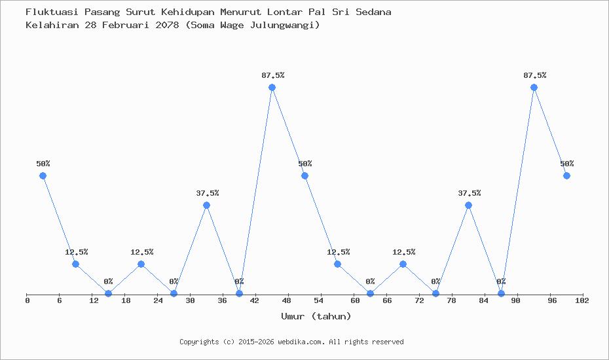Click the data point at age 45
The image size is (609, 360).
[272, 87]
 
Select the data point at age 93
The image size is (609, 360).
[534, 87]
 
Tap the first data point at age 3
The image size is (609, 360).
[43, 176]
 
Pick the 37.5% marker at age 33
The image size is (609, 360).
[207, 205]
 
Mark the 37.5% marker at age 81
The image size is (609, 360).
[468, 205]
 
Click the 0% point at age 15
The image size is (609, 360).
[108, 294]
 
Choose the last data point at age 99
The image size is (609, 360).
[566, 176]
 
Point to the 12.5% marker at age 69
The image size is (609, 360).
[403, 264]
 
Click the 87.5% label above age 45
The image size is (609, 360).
[273, 75]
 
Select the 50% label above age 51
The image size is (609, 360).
[305, 164]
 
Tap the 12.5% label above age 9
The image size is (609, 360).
[77, 252]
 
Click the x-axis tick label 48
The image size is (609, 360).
[286, 300]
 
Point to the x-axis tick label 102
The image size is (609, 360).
[581, 300]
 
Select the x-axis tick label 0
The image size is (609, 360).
[28, 300]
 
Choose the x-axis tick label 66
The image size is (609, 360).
[387, 300]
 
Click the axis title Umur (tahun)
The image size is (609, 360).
[316, 316]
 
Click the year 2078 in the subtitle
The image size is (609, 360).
[167, 26]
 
